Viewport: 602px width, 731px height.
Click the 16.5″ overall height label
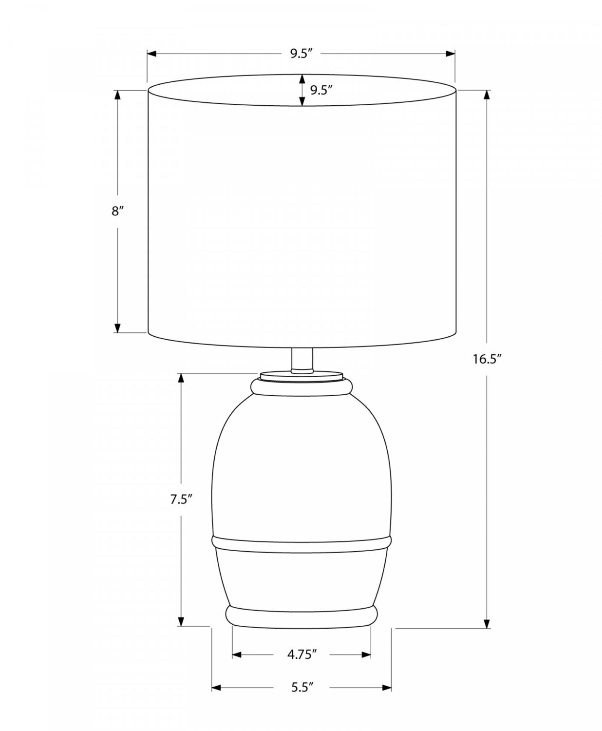(x=487, y=359)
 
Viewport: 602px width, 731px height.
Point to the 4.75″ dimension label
(x=302, y=654)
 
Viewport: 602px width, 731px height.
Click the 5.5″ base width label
(x=302, y=688)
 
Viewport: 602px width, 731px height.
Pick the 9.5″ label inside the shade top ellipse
(x=321, y=90)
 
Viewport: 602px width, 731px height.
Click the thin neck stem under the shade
(x=301, y=361)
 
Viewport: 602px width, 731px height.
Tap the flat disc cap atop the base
(x=301, y=376)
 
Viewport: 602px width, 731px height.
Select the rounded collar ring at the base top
(x=301, y=387)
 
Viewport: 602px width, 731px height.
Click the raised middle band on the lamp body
(x=301, y=544)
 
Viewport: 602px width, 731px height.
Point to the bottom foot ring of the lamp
(x=301, y=616)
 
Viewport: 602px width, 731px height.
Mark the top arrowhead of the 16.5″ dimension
(x=486, y=95)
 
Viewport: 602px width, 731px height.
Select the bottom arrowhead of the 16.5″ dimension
(x=486, y=624)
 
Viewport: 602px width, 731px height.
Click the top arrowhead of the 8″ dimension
(x=117, y=95)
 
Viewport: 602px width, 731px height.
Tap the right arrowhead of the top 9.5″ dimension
(x=451, y=54)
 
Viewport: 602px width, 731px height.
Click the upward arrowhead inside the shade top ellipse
(x=302, y=79)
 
